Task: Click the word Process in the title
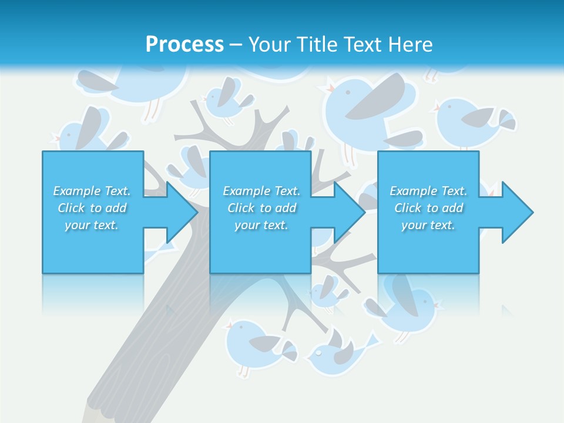184,44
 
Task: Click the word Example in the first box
77,191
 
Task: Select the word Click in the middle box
240,208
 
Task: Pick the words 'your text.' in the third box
428,225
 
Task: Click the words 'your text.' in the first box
92,225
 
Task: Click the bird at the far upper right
473,123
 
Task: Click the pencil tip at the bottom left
91,414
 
